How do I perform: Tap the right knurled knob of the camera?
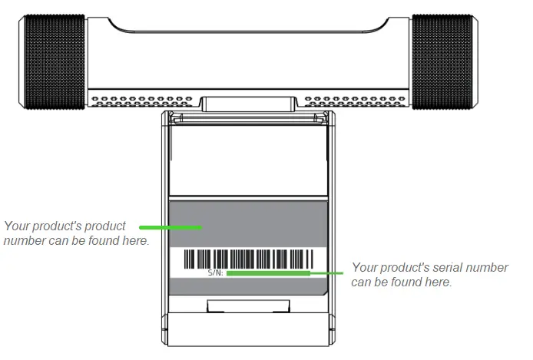pyautogui.click(x=442, y=60)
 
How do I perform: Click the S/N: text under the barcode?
pyautogui.click(x=216, y=272)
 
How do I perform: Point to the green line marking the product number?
pyautogui.click(x=169, y=227)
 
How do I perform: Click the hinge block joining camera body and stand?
pyautogui.click(x=248, y=104)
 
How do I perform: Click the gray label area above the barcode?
pyautogui.click(x=248, y=223)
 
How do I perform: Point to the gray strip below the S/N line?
pyautogui.click(x=248, y=285)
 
